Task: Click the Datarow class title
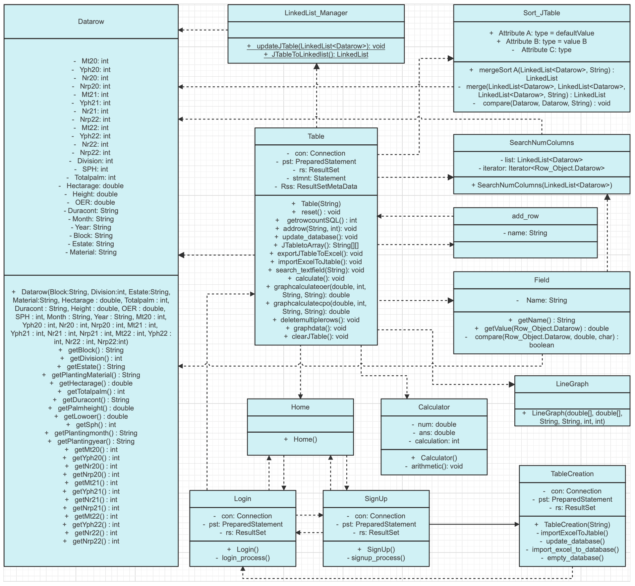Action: coord(91,22)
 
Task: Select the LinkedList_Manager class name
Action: coord(316,13)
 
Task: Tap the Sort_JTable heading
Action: coord(542,13)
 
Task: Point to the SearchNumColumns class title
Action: coord(542,143)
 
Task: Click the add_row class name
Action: coord(525,216)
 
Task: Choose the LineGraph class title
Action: coord(572,384)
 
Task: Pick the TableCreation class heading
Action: coord(572,474)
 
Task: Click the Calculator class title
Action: coord(434,407)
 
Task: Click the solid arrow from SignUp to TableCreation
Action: coord(474,524)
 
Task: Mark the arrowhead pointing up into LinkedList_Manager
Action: coord(317,66)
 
